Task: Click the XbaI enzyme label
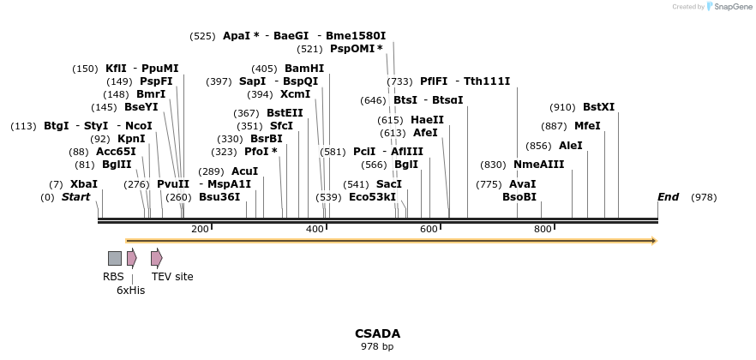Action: (83, 184)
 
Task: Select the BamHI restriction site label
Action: (304, 69)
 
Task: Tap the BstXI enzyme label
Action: (598, 107)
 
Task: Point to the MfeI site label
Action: (587, 126)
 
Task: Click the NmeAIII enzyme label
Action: (539, 165)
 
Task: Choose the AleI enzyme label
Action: (570, 146)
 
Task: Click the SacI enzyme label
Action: (389, 184)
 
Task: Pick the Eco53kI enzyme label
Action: (372, 197)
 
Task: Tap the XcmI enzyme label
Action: (296, 94)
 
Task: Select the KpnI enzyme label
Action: (131, 139)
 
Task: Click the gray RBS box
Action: (114, 258)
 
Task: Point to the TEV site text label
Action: (172, 277)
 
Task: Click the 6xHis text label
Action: (131, 291)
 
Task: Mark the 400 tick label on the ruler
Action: (315, 230)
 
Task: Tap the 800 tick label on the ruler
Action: (543, 230)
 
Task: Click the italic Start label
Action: (75, 197)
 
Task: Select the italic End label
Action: (668, 197)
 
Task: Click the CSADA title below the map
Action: (377, 333)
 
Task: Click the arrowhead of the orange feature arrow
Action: (654, 241)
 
